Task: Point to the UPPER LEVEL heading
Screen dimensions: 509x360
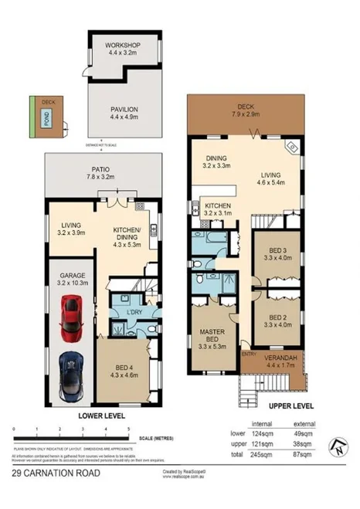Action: [290, 405]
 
